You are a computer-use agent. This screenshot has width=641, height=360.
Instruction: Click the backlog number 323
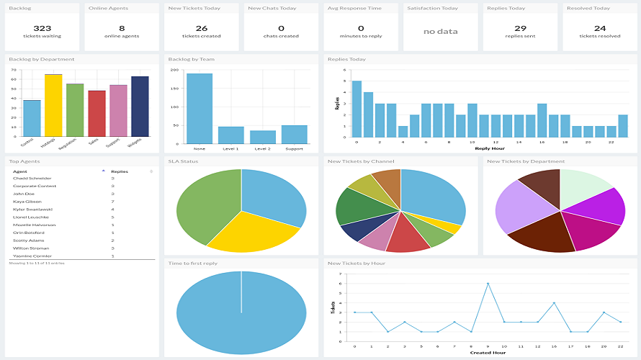point(41,27)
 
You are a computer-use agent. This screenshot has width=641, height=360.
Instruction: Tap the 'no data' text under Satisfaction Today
point(440,32)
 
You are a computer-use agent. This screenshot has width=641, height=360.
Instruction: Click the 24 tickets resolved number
point(600,27)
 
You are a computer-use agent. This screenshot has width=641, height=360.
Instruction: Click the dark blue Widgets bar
point(140,107)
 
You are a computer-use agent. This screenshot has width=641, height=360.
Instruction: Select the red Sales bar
point(97,114)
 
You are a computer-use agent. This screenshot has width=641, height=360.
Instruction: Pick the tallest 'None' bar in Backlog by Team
point(200,108)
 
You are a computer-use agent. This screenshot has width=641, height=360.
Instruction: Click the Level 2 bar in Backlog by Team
point(263,137)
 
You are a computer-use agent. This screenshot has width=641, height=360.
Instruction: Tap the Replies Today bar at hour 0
point(357,109)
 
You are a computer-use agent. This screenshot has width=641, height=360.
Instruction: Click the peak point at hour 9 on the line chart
point(488,284)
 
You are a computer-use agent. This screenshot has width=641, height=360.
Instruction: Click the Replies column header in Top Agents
point(120,171)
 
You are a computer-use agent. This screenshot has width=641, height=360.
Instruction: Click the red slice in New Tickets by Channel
point(408,238)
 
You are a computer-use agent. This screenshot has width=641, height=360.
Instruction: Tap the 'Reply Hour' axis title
point(489,148)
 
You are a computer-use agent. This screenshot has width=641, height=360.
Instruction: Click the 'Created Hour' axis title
point(488,352)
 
